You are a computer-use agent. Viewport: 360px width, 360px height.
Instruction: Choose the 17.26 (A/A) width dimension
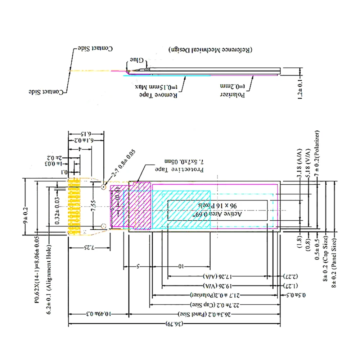click(219, 276)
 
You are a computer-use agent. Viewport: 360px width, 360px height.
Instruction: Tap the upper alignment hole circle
click(104, 186)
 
